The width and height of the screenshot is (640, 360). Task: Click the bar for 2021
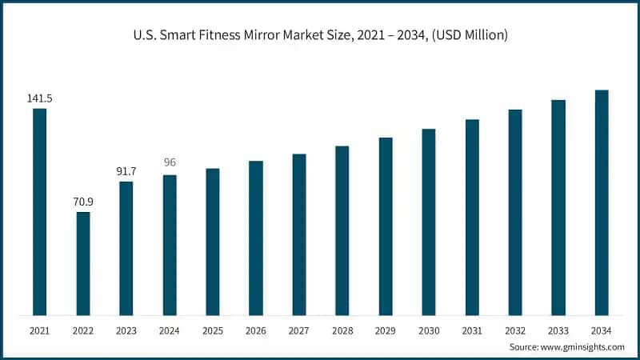pyautogui.click(x=39, y=212)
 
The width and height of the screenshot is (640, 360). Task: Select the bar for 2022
pyautogui.click(x=83, y=263)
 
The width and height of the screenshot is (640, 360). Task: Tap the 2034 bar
pyautogui.click(x=602, y=202)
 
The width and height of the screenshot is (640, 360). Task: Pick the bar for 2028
pyautogui.click(x=342, y=230)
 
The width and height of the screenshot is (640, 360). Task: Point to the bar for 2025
pyautogui.click(x=213, y=242)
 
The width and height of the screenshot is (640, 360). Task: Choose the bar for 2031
pyautogui.click(x=472, y=217)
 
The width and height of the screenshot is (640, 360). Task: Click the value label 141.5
pyautogui.click(x=39, y=98)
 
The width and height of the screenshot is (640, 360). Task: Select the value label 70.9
pyautogui.click(x=83, y=201)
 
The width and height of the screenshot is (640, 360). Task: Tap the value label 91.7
pyautogui.click(x=126, y=171)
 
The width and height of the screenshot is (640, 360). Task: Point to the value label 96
pyautogui.click(x=170, y=162)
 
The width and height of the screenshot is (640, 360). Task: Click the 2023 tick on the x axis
pyautogui.click(x=126, y=330)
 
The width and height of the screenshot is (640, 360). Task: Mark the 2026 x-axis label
pyautogui.click(x=256, y=330)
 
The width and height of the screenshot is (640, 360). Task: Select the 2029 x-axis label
pyautogui.click(x=386, y=330)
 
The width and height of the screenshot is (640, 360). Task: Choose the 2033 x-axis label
pyautogui.click(x=558, y=330)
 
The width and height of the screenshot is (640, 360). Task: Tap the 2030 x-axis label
pyautogui.click(x=429, y=330)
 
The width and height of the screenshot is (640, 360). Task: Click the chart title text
pyautogui.click(x=319, y=35)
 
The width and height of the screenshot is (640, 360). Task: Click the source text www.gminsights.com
pyautogui.click(x=582, y=347)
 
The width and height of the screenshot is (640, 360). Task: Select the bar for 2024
pyautogui.click(x=170, y=245)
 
